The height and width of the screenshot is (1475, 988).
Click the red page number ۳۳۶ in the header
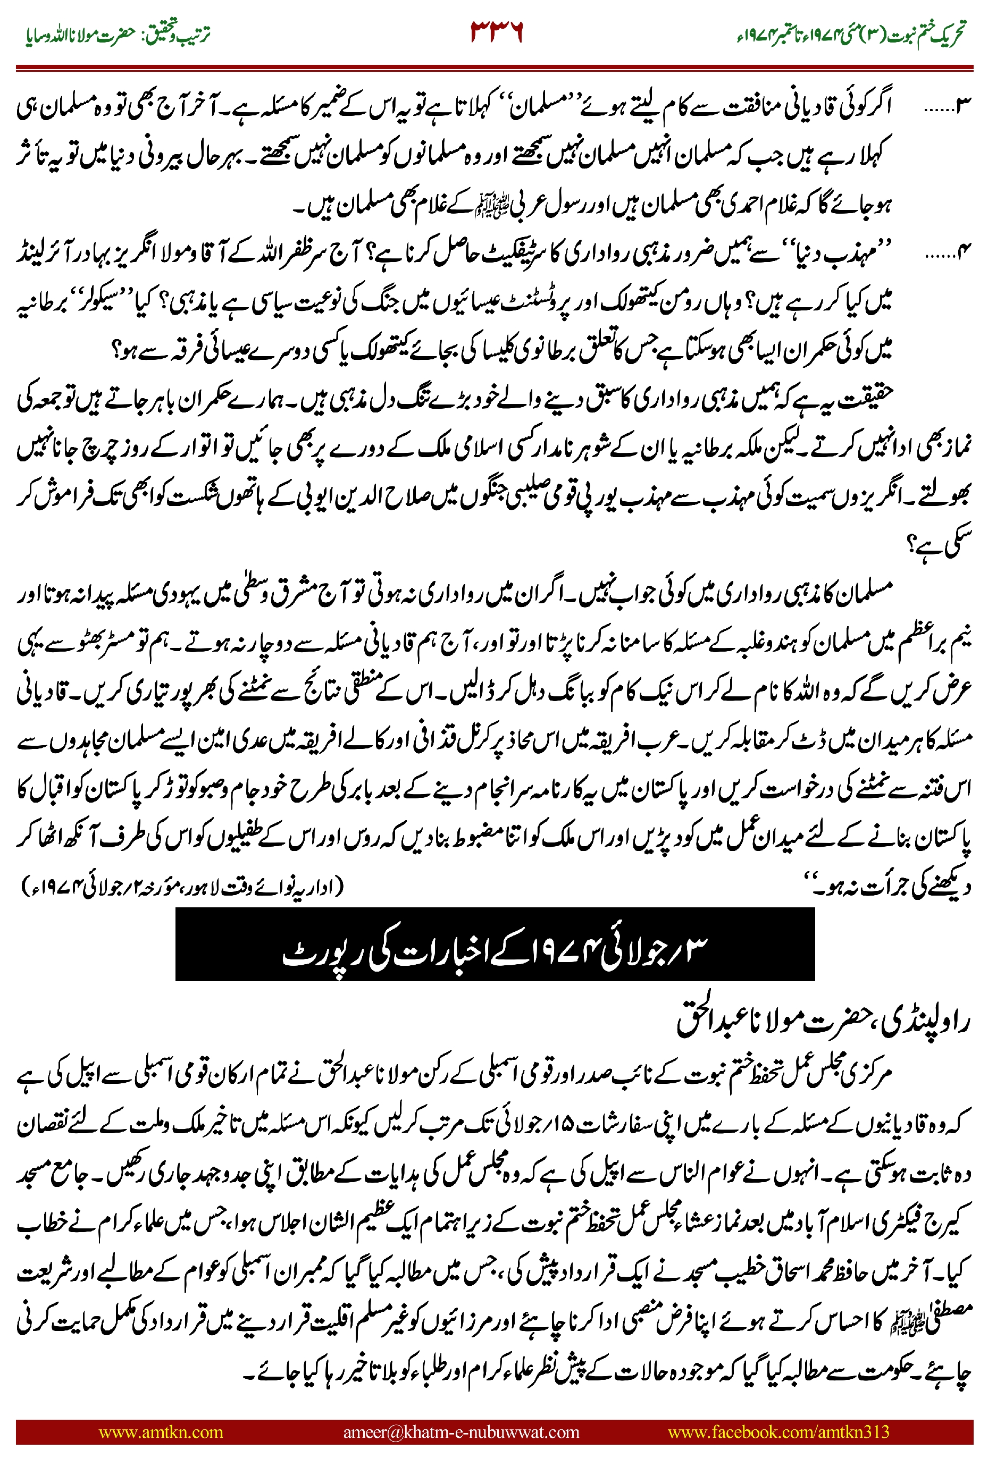tap(497, 31)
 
